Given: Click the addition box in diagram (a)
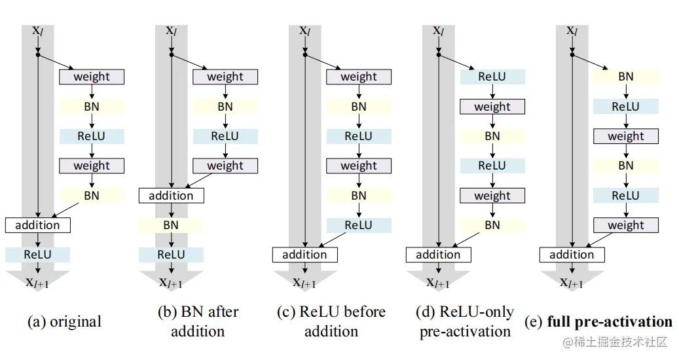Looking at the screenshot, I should click(x=37, y=225).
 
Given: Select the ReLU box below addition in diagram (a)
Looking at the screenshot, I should click(x=37, y=255).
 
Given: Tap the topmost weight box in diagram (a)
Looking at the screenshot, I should click(x=92, y=77).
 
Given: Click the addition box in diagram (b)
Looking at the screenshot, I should click(x=171, y=195).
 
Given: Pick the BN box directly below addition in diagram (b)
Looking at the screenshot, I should click(x=171, y=225).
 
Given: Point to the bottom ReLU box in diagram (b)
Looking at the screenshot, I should click(x=171, y=255).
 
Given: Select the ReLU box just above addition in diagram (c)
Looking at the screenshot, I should click(x=358, y=225).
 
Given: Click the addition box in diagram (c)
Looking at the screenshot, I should click(x=304, y=255).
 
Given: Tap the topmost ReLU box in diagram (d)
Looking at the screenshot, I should click(x=492, y=77).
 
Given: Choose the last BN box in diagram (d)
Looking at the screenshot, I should click(x=492, y=225).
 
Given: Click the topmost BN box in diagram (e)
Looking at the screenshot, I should click(x=625, y=77).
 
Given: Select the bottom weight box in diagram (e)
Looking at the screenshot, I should click(x=625, y=225).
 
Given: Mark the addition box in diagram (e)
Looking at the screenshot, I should click(x=572, y=255).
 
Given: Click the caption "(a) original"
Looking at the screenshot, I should click(x=64, y=321).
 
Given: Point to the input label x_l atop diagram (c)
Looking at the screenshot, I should click(x=304, y=30).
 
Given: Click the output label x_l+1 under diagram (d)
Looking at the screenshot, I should click(x=438, y=282).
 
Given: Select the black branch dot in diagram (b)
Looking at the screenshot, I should click(x=172, y=56).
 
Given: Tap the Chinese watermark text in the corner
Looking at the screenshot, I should click(x=612, y=342).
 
